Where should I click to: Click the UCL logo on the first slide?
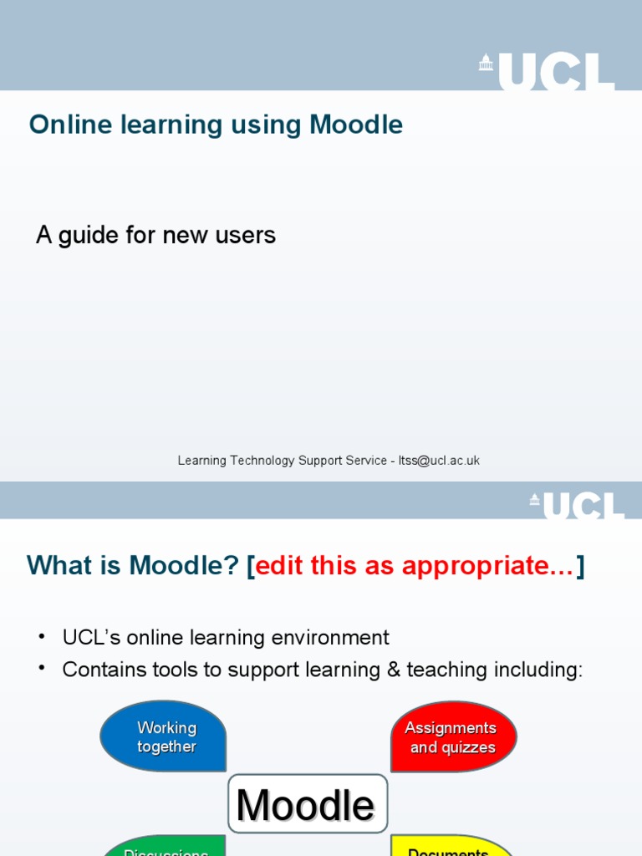click(547, 72)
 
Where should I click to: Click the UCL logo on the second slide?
click(577, 505)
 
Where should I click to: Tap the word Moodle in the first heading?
click(356, 125)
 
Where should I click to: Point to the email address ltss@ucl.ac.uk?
click(439, 461)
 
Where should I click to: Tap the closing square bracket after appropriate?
click(580, 566)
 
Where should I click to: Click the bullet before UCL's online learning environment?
click(42, 638)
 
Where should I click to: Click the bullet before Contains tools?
click(42, 670)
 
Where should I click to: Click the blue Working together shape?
click(164, 736)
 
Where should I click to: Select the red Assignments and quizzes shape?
click(453, 736)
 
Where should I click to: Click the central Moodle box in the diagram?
click(308, 804)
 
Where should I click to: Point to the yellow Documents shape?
click(451, 848)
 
